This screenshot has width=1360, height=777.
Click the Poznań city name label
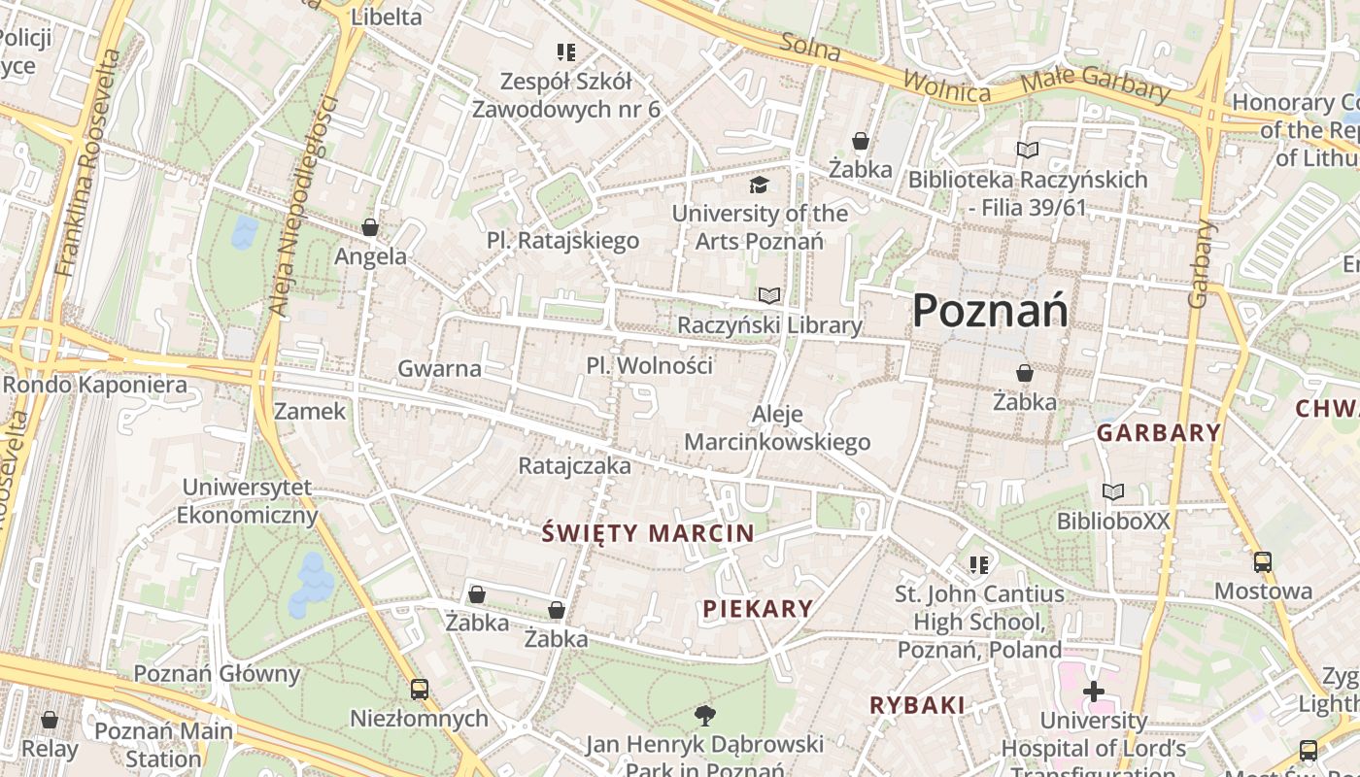coord(990,311)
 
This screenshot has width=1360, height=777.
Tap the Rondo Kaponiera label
coord(94,385)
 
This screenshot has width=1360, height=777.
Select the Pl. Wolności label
coord(649,365)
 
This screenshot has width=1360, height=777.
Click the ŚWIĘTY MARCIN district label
coord(648,532)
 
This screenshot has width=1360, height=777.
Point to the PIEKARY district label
coord(758,609)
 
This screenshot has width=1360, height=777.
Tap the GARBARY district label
coord(1158,433)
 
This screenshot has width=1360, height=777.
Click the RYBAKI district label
coord(917,705)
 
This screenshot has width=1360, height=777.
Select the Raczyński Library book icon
coord(769,295)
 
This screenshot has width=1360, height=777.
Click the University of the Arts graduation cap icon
coord(759,185)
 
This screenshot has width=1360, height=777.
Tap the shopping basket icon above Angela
coord(370,227)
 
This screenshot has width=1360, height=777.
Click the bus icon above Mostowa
coord(1263,561)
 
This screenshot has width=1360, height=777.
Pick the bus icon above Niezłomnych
coord(420,690)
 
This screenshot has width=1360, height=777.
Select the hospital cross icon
coord(1094,692)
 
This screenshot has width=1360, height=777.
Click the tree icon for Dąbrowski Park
coord(705,716)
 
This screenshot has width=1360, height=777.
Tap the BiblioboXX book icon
coord(1113,492)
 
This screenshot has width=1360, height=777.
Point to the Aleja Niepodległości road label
coord(302,206)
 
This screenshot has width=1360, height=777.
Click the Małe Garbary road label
coord(1097,84)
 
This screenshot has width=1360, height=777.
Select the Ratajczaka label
coord(574,466)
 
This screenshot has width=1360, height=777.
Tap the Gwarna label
coord(439,368)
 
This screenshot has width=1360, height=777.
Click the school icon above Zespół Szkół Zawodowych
coord(566,51)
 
